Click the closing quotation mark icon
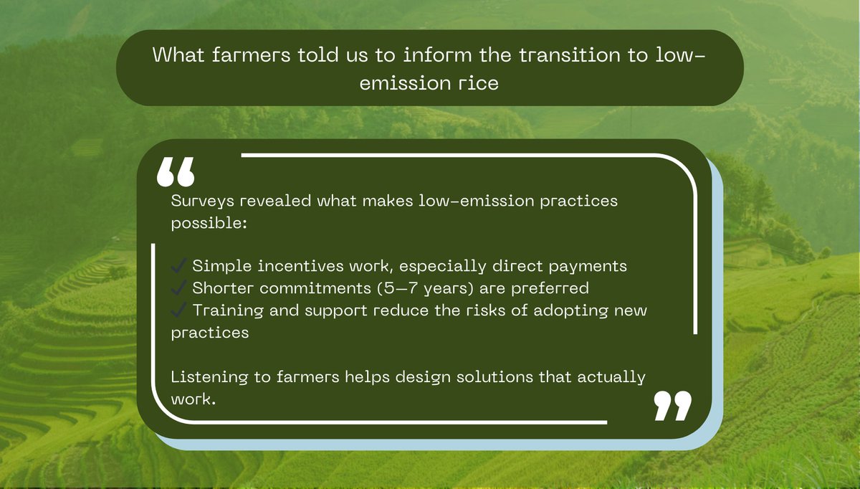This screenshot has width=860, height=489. tap(673, 406)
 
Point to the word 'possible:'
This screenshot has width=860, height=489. tap(209, 223)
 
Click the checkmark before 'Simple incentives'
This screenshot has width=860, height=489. tap(179, 266)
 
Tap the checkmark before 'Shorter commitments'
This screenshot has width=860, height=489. tap(179, 288)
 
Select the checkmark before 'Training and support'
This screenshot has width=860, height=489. tap(179, 310)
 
